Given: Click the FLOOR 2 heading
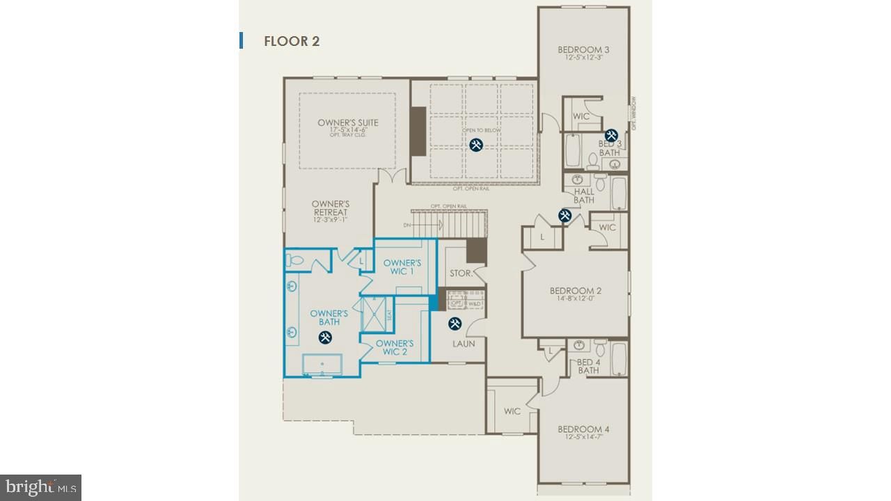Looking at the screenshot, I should [x=291, y=41].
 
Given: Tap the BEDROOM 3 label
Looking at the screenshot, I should [x=583, y=50].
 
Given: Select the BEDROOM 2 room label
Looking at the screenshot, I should [x=575, y=291].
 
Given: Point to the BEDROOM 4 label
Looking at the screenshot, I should [x=583, y=429].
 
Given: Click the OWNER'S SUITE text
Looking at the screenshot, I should [x=348, y=123].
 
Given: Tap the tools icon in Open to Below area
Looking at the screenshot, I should [x=476, y=145].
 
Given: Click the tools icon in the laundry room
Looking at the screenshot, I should [x=455, y=324].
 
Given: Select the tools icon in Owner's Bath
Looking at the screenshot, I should [x=325, y=337].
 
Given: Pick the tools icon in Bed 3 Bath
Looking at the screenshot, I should [x=611, y=135].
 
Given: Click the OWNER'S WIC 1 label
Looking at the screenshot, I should [x=402, y=267].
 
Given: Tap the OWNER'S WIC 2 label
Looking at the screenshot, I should [x=395, y=347].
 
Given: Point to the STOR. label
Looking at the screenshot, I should [x=460, y=273].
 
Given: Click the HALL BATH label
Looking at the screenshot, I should [x=584, y=196].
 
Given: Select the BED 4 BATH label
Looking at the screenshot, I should [x=588, y=366].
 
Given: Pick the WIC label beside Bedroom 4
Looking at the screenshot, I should [x=512, y=411].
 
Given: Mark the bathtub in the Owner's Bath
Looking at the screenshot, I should [x=322, y=365].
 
